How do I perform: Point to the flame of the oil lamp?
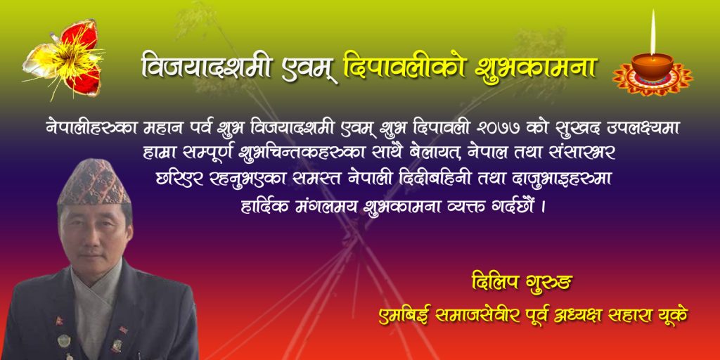(x=653, y=32)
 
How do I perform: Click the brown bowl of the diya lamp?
(x=652, y=65)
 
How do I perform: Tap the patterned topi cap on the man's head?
(x=94, y=182)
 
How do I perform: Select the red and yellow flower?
(x=63, y=59)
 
